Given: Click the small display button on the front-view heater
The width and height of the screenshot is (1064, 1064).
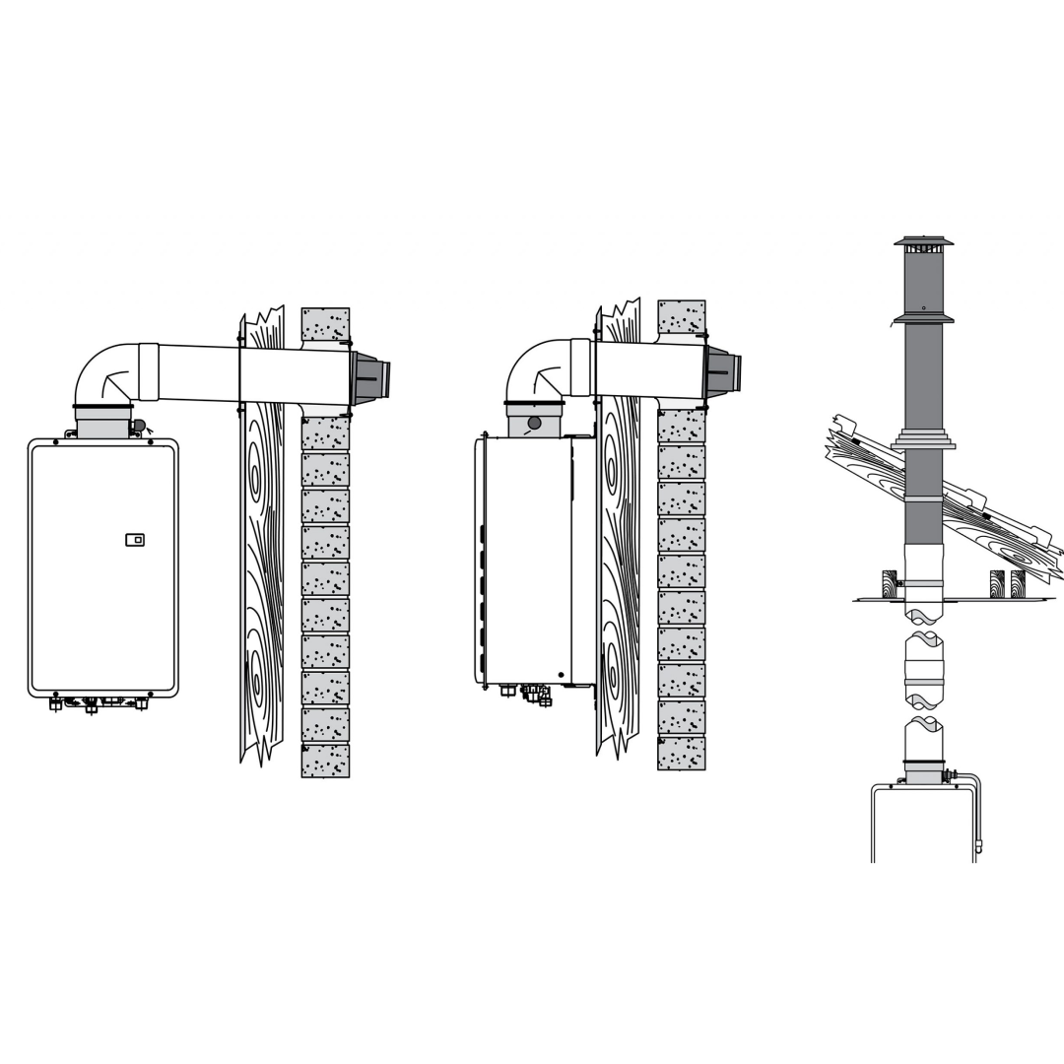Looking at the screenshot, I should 135,540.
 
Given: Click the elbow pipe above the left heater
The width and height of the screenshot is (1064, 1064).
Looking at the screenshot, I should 106,371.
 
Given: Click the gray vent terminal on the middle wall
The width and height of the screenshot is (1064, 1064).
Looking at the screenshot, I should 721,372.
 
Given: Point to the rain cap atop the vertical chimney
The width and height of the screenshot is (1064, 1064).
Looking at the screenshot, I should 923,242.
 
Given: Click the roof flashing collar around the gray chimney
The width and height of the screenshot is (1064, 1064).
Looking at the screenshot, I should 923,439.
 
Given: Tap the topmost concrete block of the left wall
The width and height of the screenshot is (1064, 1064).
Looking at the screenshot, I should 325,324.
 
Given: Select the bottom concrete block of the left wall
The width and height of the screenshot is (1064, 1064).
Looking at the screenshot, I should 325,761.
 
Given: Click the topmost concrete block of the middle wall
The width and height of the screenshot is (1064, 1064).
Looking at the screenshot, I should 682,316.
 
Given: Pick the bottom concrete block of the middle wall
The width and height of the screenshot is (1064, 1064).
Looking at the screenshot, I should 682,753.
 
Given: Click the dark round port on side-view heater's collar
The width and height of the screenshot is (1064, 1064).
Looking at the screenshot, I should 534,423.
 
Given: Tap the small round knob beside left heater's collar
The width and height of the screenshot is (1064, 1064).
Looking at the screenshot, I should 139,426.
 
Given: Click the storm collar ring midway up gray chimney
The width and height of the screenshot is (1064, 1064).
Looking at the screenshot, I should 923,318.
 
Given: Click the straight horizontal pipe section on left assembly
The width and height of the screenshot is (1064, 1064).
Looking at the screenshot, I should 251,374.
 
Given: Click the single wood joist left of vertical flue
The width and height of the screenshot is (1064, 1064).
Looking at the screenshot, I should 890,583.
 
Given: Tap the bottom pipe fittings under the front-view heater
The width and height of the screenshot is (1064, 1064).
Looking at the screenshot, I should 99,702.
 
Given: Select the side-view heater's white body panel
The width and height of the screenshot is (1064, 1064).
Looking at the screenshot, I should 527,562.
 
